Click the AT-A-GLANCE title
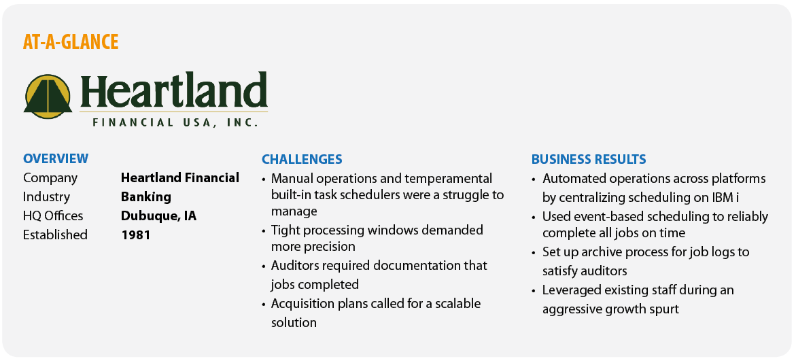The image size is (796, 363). pos(71,42)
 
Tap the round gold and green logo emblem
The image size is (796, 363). pos(48,97)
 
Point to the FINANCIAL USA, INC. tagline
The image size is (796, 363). pos(175,122)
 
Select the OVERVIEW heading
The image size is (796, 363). pos(56,158)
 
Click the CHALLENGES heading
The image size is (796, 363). pos(302,160)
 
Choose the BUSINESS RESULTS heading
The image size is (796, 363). pos(589,160)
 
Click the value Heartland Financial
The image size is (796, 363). pos(180,177)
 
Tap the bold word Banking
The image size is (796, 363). pos(146,196)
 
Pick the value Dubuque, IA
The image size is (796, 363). pos(158,215)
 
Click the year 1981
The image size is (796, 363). pos(135,235)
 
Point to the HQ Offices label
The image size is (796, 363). pos(53,215)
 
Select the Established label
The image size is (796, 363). pos(55,235)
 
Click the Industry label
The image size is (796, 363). pos(47,197)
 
